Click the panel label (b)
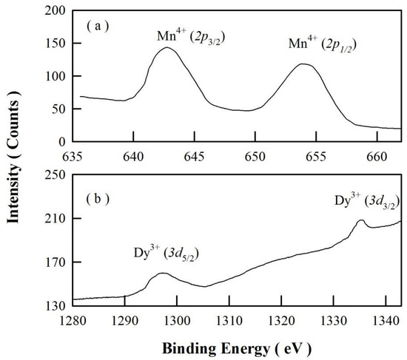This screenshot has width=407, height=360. (97, 197)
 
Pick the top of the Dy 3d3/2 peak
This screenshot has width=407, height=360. (360, 220)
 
